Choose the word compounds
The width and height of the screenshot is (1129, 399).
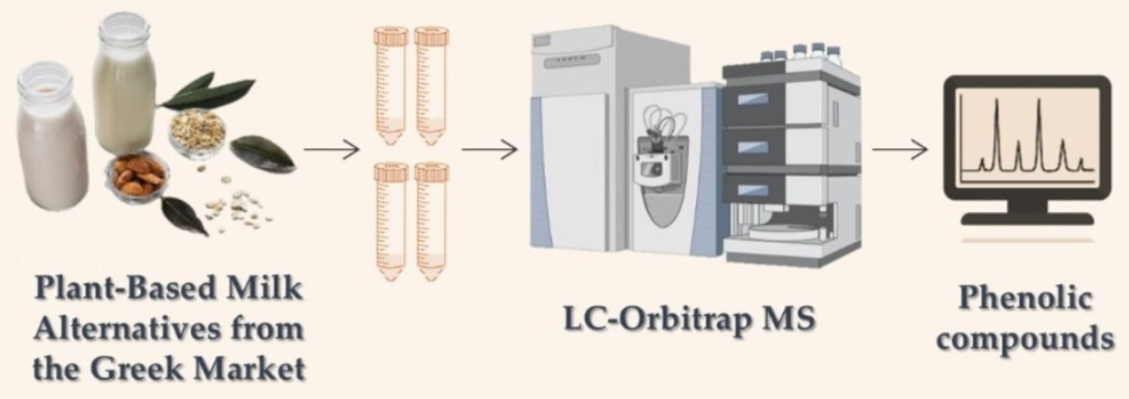click(x=1026, y=339)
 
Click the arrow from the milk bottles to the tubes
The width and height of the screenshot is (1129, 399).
click(x=332, y=150)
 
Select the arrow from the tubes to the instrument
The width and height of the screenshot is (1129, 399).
click(x=490, y=150)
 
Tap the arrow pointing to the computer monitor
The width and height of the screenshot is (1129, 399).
click(x=899, y=150)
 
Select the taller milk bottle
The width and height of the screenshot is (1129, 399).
click(x=125, y=83)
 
